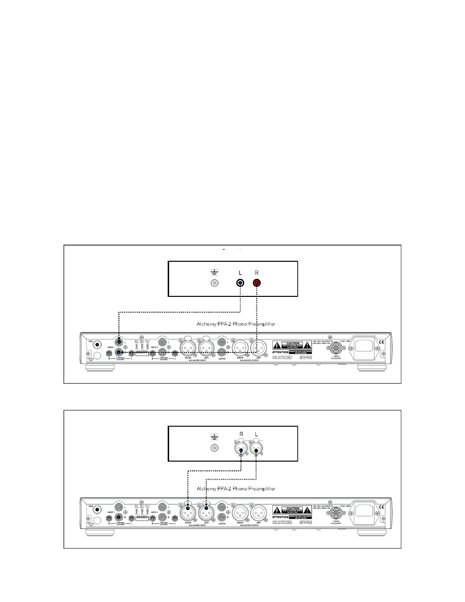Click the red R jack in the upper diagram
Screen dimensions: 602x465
(x=257, y=283)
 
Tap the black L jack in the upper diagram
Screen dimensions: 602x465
(x=240, y=283)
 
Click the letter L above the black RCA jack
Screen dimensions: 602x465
(x=240, y=273)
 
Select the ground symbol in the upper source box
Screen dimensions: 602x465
(x=213, y=272)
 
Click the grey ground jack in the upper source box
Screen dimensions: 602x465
(x=213, y=283)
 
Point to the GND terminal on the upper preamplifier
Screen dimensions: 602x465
(x=97, y=345)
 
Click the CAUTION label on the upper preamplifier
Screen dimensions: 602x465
(x=292, y=343)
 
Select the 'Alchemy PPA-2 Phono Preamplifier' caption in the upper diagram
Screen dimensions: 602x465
(x=235, y=324)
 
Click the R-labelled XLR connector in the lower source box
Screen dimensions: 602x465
(x=240, y=448)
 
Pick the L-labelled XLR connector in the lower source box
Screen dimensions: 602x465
(x=257, y=448)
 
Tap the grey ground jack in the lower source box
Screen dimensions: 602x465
(x=213, y=448)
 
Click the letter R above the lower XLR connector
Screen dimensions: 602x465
(x=240, y=434)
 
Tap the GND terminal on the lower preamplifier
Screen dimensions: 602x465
(x=97, y=509)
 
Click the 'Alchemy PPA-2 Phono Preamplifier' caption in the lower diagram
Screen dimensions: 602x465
(x=235, y=488)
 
